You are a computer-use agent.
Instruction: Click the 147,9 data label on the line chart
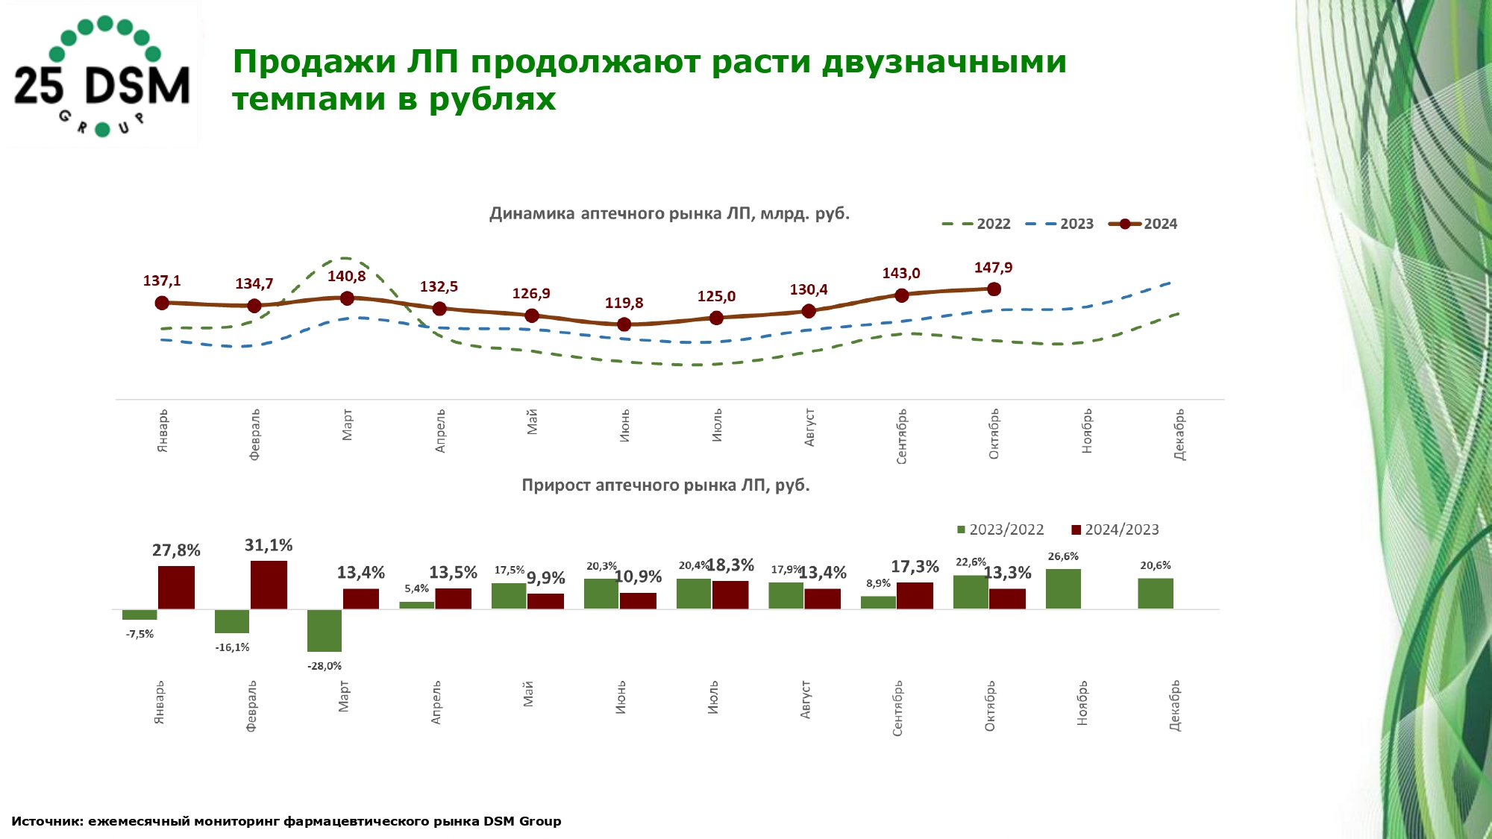993,268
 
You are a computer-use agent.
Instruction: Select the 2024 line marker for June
624,324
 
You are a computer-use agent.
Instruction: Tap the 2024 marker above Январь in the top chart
162,303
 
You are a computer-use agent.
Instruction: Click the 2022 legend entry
977,224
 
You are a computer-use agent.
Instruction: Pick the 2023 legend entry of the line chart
1060,224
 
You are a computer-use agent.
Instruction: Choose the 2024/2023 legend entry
1115,530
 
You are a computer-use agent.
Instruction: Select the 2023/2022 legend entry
1000,530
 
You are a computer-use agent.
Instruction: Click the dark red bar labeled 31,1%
269,585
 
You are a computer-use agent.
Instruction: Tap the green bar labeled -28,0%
325,630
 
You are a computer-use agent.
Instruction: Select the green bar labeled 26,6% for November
1063,588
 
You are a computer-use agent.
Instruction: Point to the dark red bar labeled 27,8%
176,587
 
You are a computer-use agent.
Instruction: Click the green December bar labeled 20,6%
1156,593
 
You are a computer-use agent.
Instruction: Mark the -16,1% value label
232,647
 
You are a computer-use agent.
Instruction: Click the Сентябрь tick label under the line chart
902,436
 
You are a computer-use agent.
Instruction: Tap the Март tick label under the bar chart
344,696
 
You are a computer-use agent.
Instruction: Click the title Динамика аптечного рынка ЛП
669,214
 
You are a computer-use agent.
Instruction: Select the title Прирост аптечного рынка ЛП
665,486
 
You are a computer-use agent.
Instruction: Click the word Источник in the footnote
46,821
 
